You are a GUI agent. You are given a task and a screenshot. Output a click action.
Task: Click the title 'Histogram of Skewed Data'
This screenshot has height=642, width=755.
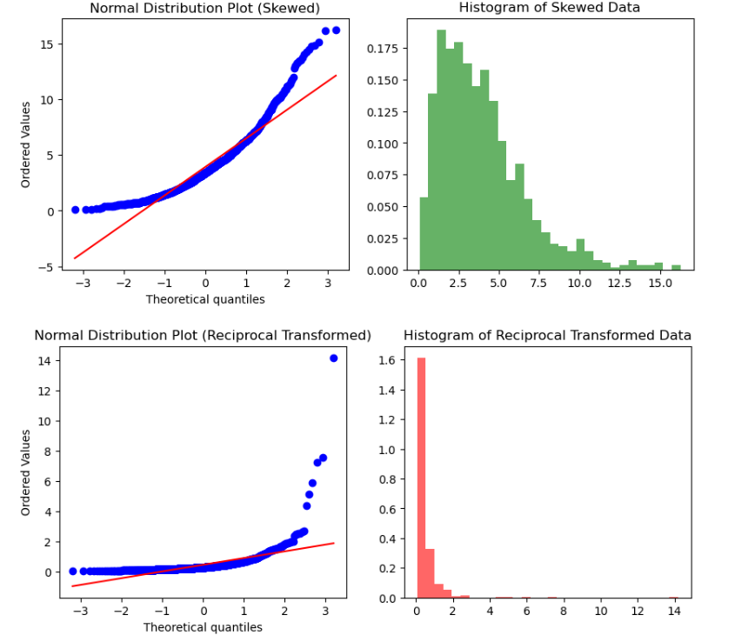pos(549,8)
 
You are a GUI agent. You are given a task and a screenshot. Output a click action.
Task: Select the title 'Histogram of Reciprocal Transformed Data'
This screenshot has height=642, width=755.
pos(547,335)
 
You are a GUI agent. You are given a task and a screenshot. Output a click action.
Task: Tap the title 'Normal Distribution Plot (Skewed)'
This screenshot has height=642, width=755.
pos(205,8)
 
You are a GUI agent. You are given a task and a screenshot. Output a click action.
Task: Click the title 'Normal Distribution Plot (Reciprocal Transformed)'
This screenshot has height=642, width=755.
pos(203,335)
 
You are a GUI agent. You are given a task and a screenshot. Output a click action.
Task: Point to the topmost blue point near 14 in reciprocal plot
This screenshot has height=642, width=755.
pos(333,358)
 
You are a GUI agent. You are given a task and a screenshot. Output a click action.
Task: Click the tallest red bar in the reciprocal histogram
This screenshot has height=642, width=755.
pos(421,478)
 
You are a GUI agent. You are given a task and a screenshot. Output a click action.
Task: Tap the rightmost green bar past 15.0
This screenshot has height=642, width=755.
pos(676,267)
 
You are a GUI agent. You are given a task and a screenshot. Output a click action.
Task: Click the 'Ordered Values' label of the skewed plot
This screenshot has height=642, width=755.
pos(26,144)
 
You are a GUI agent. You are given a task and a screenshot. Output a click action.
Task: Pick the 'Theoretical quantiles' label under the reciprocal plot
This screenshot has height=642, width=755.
pos(203,626)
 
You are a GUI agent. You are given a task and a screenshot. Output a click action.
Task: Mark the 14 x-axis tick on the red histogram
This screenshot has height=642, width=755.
pos(673,612)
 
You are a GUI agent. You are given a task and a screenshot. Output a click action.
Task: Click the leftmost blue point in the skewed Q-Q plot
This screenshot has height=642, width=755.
pos(75,210)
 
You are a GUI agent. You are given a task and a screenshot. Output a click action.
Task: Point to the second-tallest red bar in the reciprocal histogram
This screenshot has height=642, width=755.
pos(430,573)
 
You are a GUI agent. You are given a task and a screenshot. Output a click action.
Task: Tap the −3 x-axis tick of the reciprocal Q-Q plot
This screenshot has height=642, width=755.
pos(80,612)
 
